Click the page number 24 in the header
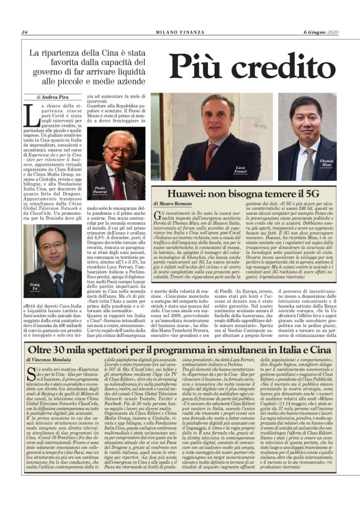(x=24, y=32)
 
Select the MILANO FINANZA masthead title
(x=180, y=32)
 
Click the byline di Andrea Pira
(x=52, y=97)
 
